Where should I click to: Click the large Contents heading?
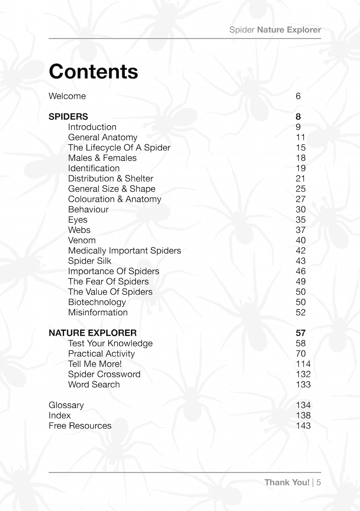click(x=93, y=71)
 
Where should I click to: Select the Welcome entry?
click(x=67, y=96)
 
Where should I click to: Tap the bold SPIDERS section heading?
click(x=68, y=116)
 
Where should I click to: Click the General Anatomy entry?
click(x=102, y=137)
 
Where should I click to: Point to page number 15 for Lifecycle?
click(x=301, y=147)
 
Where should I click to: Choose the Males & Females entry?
click(x=102, y=158)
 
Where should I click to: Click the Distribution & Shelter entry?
click(x=111, y=178)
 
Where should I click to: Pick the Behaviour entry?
click(x=88, y=210)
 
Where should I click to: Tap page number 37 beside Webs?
click(x=301, y=230)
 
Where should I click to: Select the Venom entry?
click(x=82, y=240)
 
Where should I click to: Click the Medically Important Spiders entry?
click(x=124, y=251)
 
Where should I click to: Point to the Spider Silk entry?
click(x=89, y=261)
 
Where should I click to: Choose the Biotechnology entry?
click(x=97, y=302)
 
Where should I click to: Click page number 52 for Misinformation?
click(x=301, y=312)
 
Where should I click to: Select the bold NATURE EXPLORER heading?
click(x=93, y=333)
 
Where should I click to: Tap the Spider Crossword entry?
click(x=104, y=374)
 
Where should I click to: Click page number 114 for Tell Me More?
click(x=303, y=364)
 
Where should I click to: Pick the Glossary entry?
click(x=66, y=405)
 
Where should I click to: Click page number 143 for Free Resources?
click(x=303, y=426)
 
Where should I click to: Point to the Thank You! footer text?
click(x=287, y=482)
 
